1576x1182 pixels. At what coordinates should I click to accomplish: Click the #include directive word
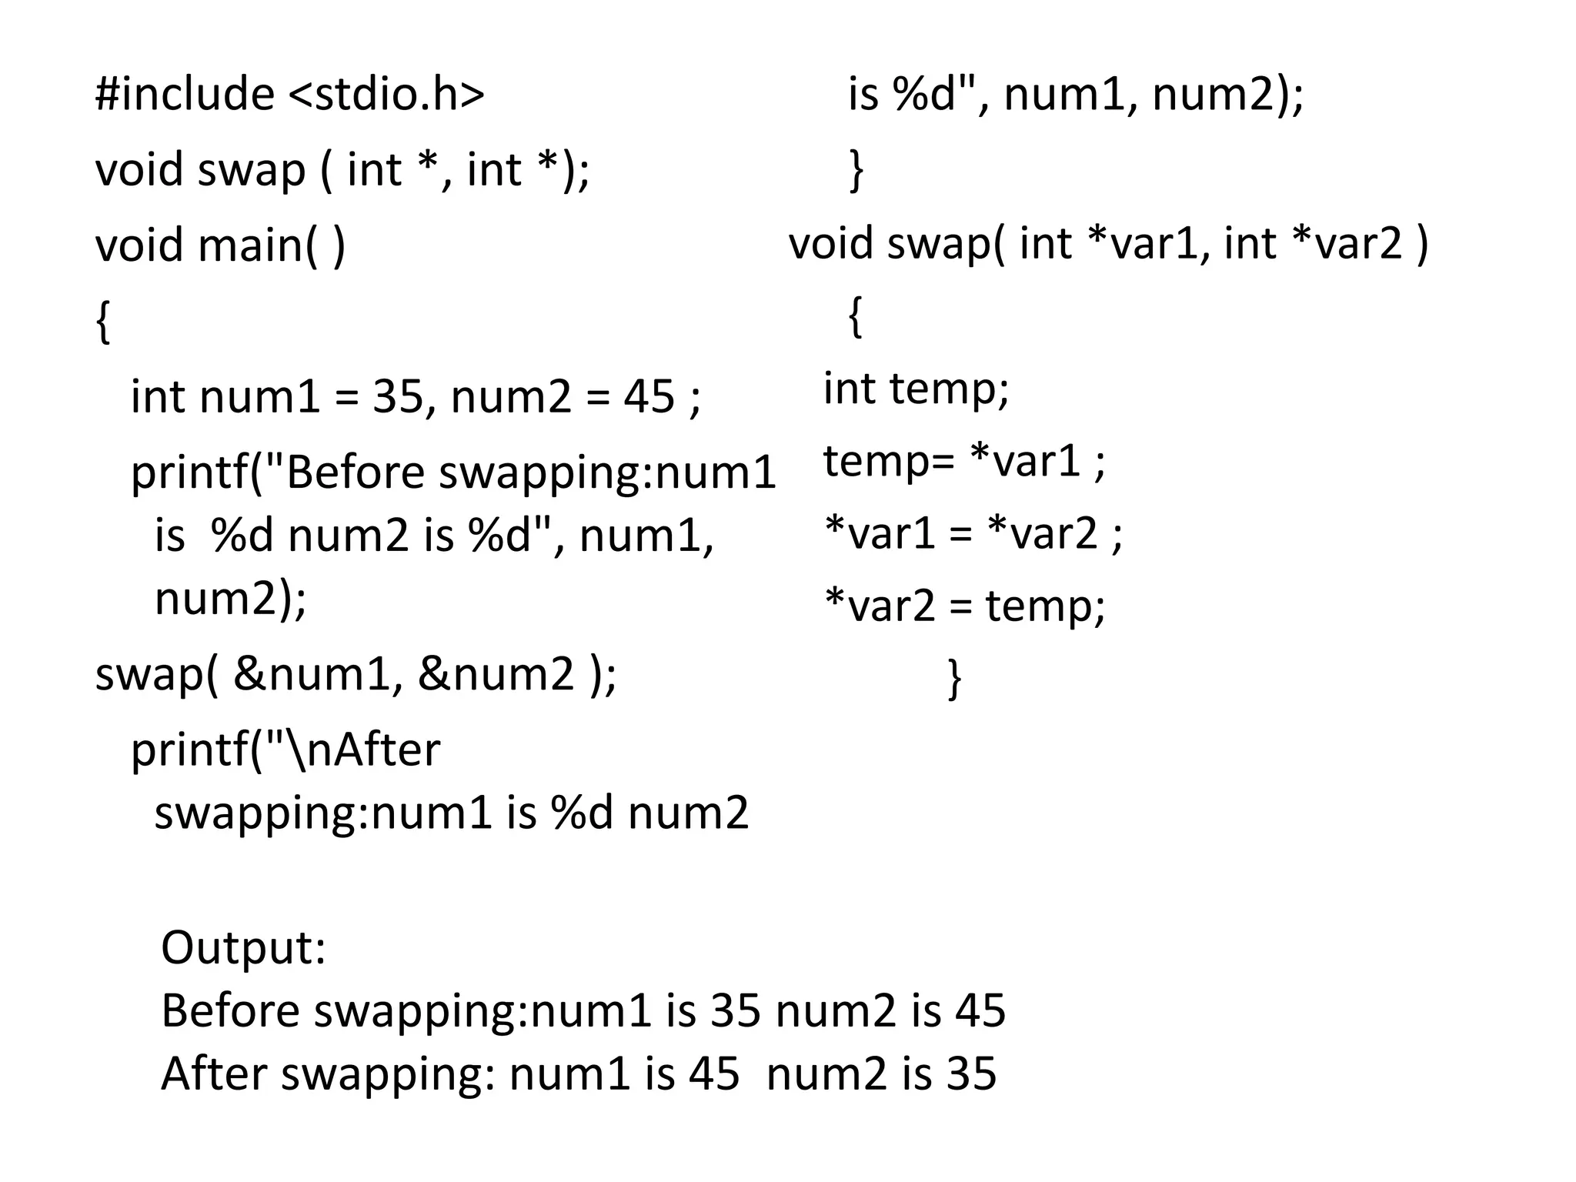tap(185, 94)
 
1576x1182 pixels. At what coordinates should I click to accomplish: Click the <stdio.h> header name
tap(386, 94)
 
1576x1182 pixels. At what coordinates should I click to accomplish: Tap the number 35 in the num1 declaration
tap(398, 397)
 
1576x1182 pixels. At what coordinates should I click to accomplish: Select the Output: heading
tap(243, 947)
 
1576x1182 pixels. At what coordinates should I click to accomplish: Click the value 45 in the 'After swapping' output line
tap(714, 1073)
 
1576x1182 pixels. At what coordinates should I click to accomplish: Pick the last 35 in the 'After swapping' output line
tap(971, 1073)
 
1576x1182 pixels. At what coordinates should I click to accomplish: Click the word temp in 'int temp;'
tap(948, 388)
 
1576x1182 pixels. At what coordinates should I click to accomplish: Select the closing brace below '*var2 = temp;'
tap(954, 678)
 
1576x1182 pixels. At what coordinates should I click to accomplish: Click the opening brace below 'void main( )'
tap(103, 322)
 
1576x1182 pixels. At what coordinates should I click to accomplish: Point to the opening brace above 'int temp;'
tap(855, 316)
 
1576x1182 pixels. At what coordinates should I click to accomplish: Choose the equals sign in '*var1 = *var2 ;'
tap(960, 533)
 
